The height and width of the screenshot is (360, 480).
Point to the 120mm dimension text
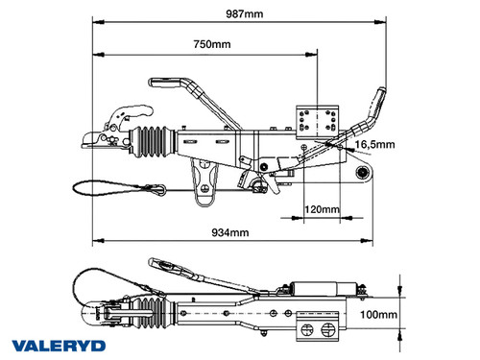click(x=322, y=208)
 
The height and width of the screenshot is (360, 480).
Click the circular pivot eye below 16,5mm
click(x=363, y=173)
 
